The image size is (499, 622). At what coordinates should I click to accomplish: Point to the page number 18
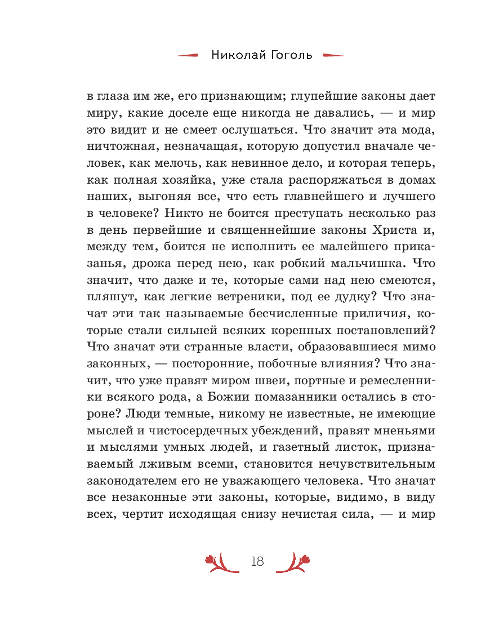point(257,562)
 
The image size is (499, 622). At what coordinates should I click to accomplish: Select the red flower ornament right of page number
point(295,562)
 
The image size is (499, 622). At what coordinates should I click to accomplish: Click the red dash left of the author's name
point(188,56)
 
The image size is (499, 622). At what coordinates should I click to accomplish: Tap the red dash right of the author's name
point(332,56)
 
